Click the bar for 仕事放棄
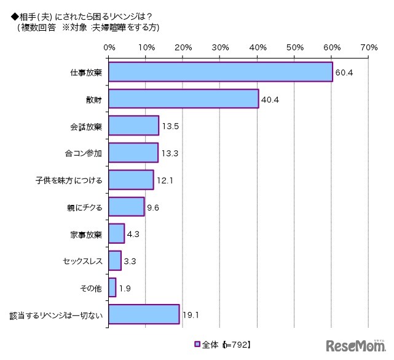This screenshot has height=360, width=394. pyautogui.click(x=220, y=73)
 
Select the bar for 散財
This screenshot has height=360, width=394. pyautogui.click(x=183, y=98)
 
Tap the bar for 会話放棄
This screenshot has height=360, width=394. pyautogui.click(x=133, y=125)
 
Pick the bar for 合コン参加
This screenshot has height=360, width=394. pyautogui.click(x=133, y=152)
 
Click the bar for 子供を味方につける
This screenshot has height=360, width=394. pyautogui.click(x=131, y=179)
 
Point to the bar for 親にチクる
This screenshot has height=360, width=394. pyautogui.click(x=126, y=206)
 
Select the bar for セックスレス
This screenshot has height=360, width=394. pyautogui.click(x=114, y=260)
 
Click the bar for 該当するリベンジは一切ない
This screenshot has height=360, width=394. pyautogui.click(x=144, y=314)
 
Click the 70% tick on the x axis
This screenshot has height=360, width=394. pyautogui.click(x=369, y=47)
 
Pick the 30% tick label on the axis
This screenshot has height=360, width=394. pyautogui.click(x=220, y=47)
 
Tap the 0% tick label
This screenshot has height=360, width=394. pyautogui.click(x=109, y=47)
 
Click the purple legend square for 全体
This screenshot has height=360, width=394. pyautogui.click(x=197, y=344)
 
